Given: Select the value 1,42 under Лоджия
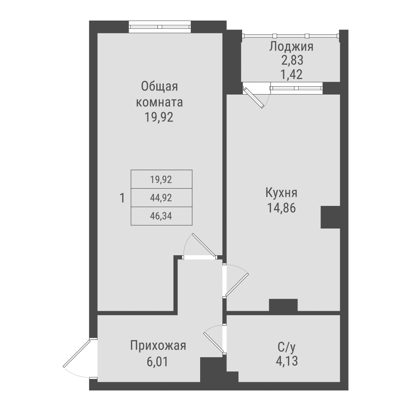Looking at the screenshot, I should (x=291, y=74).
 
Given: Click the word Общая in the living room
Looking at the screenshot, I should (x=159, y=87).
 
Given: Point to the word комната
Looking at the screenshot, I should (x=159, y=102).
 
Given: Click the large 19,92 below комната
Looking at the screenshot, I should (x=159, y=118).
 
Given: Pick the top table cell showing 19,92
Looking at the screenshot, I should (x=161, y=179).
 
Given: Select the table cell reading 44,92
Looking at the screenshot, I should (x=161, y=198).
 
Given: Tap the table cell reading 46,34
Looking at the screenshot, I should (x=161, y=216).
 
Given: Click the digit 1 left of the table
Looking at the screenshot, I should (x=122, y=198).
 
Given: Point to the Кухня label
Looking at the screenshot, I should (x=282, y=193).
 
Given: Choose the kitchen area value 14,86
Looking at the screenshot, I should (x=282, y=208).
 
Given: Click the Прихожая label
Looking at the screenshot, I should (x=158, y=346).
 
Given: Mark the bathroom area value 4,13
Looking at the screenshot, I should (x=286, y=362).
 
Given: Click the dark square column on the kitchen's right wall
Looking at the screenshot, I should (x=330, y=217).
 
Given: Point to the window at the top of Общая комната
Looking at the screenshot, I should (x=160, y=27).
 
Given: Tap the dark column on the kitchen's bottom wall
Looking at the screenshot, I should (x=283, y=305).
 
